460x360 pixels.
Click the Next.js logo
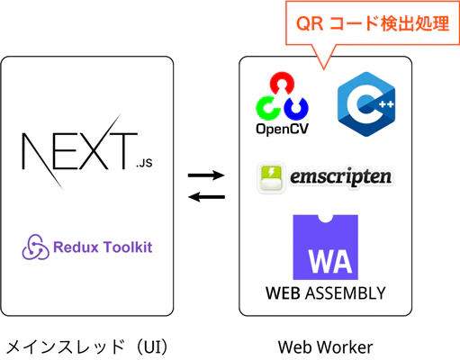click(87, 151)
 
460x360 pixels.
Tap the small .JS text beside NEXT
click(144, 163)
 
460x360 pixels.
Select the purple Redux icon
click(35, 247)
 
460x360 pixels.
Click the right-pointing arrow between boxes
click(206, 175)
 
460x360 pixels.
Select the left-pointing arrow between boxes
click(206, 197)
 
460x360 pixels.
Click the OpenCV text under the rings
click(282, 129)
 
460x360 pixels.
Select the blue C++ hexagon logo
click(366, 104)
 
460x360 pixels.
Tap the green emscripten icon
click(271, 177)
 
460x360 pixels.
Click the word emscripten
click(340, 177)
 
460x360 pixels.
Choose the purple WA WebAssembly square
click(326, 247)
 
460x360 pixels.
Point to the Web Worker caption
click(326, 347)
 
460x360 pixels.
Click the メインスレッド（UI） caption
click(87, 347)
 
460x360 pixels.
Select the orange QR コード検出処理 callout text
click(373, 23)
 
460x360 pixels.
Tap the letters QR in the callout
click(310, 23)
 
